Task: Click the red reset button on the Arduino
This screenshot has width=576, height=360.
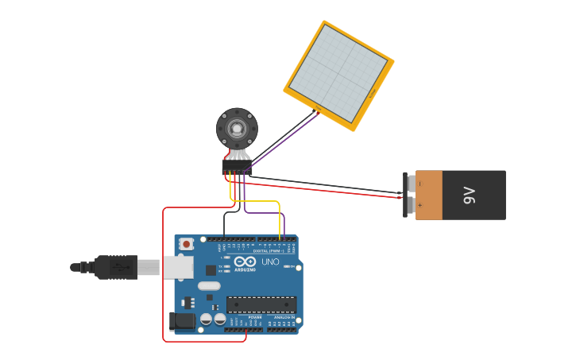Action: tap(186, 244)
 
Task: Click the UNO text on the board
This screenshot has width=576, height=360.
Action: tap(270, 261)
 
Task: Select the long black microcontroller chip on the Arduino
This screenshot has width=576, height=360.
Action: tap(261, 304)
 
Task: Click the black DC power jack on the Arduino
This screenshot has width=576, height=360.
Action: tap(182, 321)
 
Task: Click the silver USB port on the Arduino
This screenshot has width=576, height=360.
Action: tap(177, 267)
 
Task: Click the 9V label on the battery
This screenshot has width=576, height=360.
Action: tap(469, 195)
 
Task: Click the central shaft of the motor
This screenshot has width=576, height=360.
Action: tap(237, 128)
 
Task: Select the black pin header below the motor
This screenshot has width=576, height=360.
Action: tap(237, 170)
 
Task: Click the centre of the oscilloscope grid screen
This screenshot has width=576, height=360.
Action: tap(339, 75)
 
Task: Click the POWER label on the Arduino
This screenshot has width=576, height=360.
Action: tap(255, 317)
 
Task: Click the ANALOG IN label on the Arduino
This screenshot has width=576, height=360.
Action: tap(283, 317)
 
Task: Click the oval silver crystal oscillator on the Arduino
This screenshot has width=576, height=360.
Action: tap(209, 285)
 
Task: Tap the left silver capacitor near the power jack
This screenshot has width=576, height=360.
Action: tap(206, 319)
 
